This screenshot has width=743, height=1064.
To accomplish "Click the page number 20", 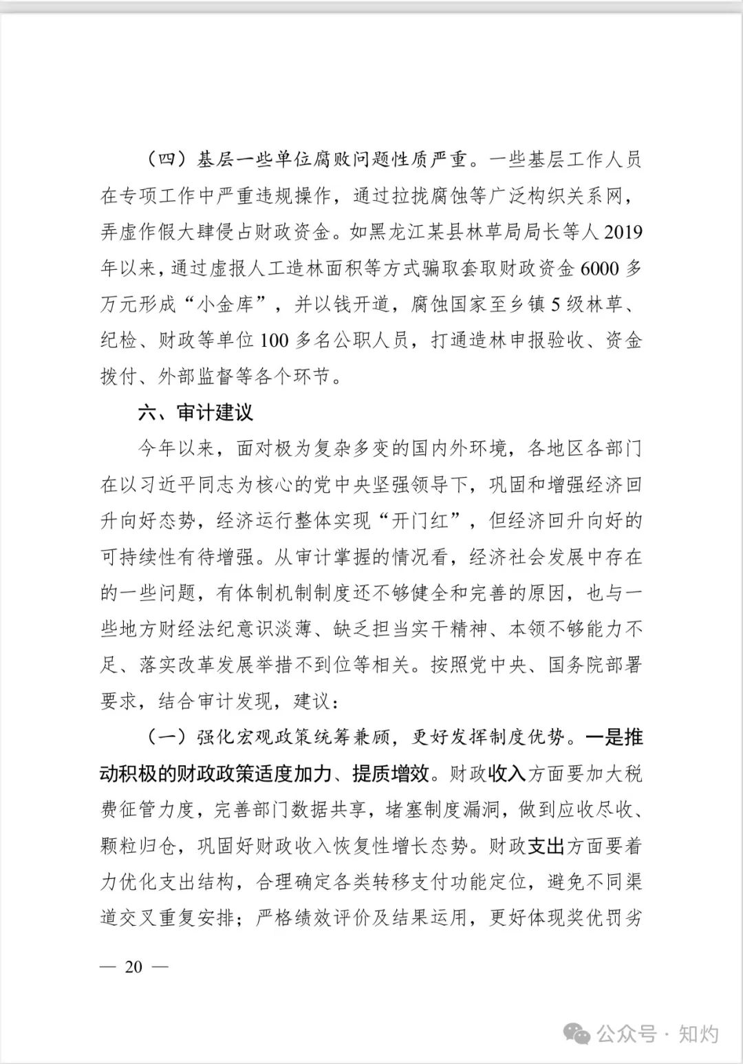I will (133, 967).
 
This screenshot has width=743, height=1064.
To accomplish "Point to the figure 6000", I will (600, 268).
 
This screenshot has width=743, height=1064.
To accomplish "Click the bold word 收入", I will (507, 774).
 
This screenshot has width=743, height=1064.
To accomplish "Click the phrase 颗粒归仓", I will (140, 847).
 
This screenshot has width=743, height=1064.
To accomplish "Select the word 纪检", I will (120, 341).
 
